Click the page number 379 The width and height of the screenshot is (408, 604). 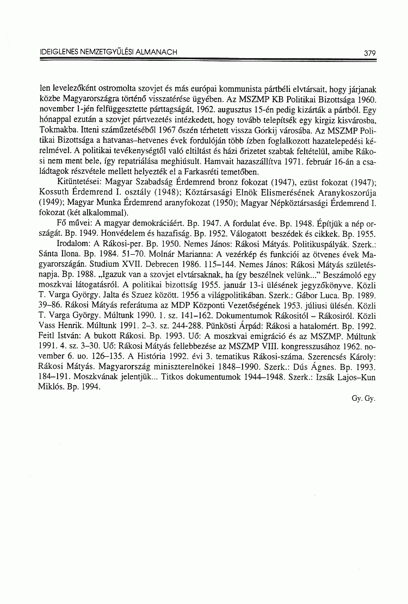click(370, 53)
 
